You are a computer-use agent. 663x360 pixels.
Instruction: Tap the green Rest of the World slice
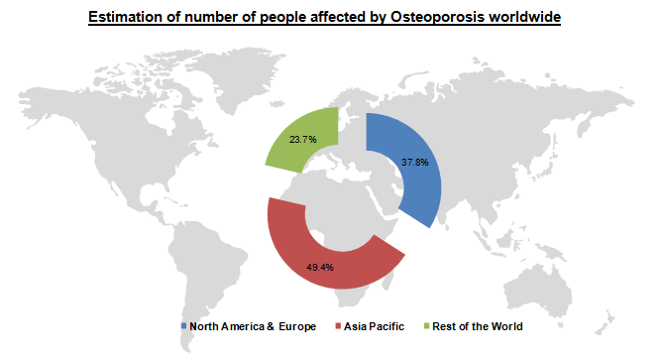click(x=297, y=144)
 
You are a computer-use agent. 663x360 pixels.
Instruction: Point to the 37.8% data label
click(x=414, y=162)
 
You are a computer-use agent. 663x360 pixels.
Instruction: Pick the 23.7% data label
click(x=302, y=140)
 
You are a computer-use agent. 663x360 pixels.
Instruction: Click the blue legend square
click(x=183, y=326)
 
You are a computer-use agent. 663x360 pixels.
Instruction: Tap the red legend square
click(x=338, y=326)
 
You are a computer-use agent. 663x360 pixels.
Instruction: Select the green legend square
click(x=427, y=326)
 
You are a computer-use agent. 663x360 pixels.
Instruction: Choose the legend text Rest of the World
click(x=479, y=326)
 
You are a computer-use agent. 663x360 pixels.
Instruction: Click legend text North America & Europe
click(x=253, y=326)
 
